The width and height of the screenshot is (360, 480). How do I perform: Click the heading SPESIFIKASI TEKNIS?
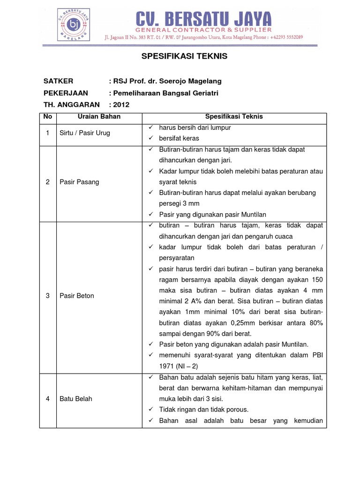pyautogui.click(x=184, y=56)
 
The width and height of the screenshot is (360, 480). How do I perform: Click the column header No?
pyautogui.click(x=48, y=117)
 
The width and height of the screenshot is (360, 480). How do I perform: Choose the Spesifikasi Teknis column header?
pyautogui.click(x=234, y=117)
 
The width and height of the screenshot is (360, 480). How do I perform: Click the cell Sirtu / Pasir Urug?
pyautogui.click(x=85, y=133)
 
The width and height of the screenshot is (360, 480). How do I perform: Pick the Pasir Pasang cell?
pyautogui.click(x=79, y=182)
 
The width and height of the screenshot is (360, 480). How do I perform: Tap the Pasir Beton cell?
pyautogui.click(x=77, y=296)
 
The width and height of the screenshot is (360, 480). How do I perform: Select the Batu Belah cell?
pyautogui.click(x=76, y=399)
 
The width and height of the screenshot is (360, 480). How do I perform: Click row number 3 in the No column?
pyautogui.click(x=48, y=296)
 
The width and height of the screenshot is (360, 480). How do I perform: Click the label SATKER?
pyautogui.click(x=58, y=81)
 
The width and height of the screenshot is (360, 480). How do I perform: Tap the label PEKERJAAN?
pyautogui.click(x=66, y=93)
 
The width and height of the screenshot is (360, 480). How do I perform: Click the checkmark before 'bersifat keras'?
pyautogui.click(x=150, y=138)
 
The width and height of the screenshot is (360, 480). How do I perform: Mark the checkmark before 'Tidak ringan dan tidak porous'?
pyautogui.click(x=150, y=410)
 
